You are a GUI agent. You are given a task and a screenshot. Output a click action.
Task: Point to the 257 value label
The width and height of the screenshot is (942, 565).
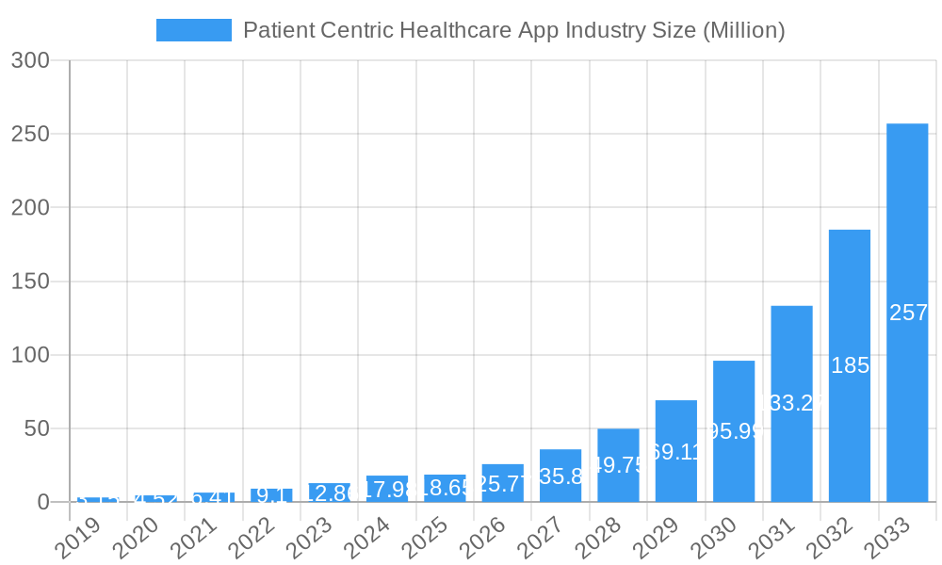908,313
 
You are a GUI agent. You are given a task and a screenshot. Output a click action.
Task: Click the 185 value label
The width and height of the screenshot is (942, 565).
850,365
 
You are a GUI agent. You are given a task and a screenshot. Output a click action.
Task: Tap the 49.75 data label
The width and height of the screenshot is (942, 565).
618,465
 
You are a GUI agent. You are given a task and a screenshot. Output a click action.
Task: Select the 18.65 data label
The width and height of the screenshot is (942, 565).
445,488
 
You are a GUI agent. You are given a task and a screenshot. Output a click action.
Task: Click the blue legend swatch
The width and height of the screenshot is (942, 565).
193,30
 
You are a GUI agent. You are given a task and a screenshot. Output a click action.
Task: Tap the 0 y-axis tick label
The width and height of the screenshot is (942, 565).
42,502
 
